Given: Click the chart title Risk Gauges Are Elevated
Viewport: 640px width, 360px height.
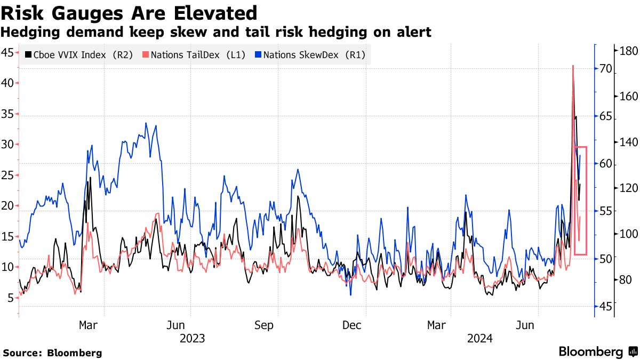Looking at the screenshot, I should [x=129, y=12].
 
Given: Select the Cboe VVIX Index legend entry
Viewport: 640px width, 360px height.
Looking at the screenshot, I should [x=80, y=54].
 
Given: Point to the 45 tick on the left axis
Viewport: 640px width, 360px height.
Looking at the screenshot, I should [x=7, y=52].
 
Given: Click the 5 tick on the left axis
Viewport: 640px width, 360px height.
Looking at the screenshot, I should [x=10, y=298].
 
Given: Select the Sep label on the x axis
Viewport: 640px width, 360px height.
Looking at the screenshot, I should [x=264, y=325].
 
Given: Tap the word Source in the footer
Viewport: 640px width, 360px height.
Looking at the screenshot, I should [x=21, y=353].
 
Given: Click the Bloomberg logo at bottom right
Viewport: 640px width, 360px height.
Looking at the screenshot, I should [x=597, y=351].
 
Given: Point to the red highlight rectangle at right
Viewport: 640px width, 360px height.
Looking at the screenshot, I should [x=581, y=200].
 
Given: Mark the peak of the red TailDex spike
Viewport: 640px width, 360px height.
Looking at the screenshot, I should [x=573, y=66].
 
